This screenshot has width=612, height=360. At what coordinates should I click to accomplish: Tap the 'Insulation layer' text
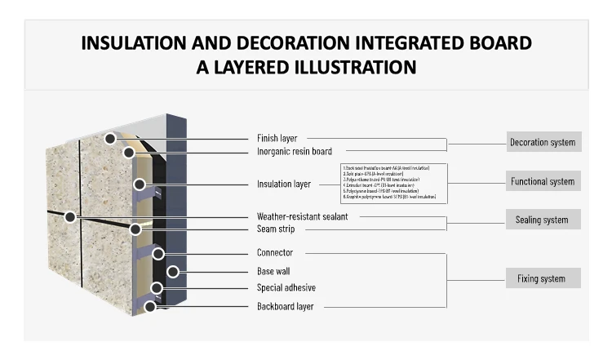pos(284,184)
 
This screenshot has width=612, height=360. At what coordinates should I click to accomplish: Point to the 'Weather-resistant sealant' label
pos(302,216)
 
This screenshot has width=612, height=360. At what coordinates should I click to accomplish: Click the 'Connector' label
pos(274,253)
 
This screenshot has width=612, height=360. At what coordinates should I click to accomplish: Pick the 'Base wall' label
pos(273,271)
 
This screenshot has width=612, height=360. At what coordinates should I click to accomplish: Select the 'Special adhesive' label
pos(286,287)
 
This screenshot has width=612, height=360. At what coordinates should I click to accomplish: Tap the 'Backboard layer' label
pos(285,306)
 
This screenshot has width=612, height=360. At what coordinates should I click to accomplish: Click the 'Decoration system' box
pos(543,142)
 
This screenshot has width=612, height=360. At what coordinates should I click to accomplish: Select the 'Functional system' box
pos(543,181)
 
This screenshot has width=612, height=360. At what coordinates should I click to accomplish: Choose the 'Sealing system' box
pos(543,220)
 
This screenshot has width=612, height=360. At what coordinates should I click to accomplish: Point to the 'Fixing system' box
pos(543,278)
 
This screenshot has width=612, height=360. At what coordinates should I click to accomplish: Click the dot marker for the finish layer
pos(109,139)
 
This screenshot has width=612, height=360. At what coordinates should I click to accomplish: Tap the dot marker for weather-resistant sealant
pos(71,216)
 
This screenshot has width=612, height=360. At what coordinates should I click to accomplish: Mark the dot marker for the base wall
pos(172,271)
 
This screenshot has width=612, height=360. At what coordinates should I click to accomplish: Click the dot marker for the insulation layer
pos(140,184)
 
